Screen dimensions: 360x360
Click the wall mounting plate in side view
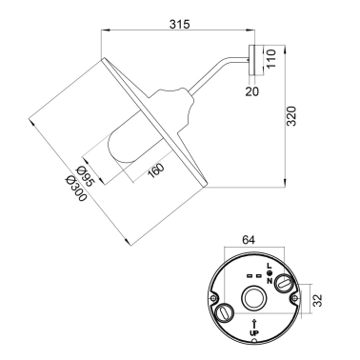pos(255,60)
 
